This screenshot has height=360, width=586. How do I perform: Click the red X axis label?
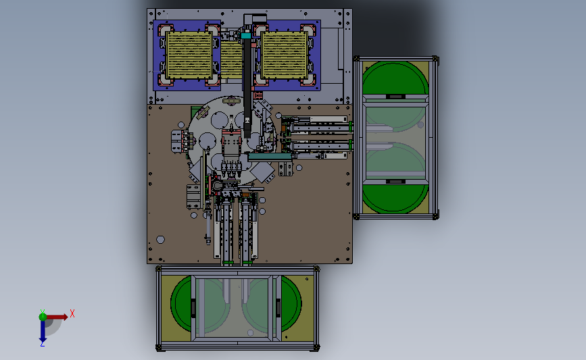(x=72, y=313)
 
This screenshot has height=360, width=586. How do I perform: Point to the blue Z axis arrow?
(x=43, y=331)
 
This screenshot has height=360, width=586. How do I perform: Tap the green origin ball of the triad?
(x=43, y=317)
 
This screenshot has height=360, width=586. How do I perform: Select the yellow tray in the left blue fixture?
(x=189, y=55)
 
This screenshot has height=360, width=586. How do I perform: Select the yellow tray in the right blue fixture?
(x=285, y=55)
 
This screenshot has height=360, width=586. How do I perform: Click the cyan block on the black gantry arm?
(x=246, y=36)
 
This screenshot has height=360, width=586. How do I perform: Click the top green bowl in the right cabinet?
(x=395, y=79)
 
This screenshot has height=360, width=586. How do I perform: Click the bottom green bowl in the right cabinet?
(x=395, y=198)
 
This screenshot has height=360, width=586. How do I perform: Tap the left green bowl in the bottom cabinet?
(x=181, y=303)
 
